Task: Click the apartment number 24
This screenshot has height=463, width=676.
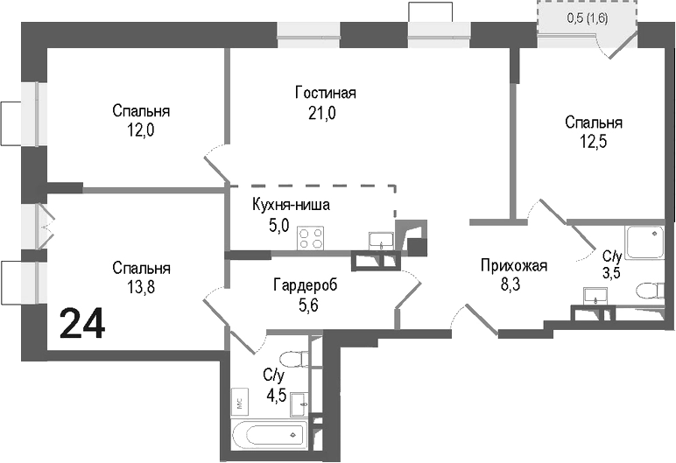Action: [x=82, y=324]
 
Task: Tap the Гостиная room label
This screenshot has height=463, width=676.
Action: [x=326, y=94]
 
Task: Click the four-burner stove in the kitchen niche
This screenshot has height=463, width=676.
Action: [x=310, y=237]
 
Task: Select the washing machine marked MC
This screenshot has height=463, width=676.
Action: [x=238, y=402]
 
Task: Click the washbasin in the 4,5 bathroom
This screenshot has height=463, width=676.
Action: [x=301, y=403]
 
